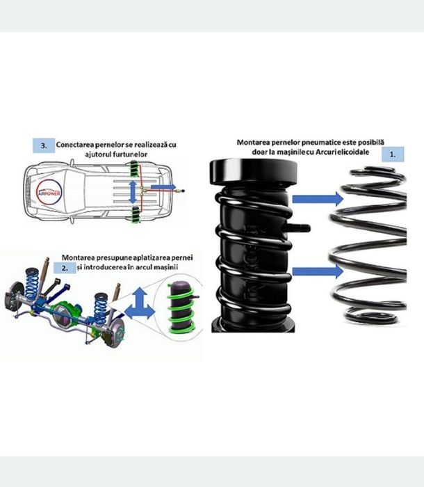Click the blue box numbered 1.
393,154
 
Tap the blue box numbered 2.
65,268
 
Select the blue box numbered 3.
44,145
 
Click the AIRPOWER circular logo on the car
49,193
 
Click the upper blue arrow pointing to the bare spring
318,199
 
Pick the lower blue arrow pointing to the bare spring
318,271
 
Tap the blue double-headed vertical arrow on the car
133,192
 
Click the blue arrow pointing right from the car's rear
163,186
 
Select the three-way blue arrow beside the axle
140,305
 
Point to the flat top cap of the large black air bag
253,173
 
